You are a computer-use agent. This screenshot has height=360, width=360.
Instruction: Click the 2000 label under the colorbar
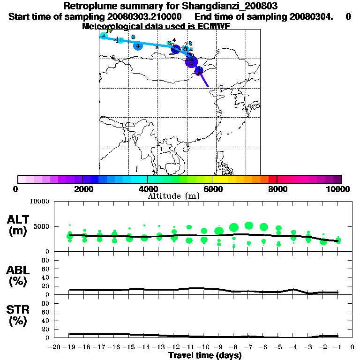pyautogui.click(x=82, y=189)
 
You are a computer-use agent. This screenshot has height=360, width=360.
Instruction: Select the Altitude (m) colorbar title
pyautogui.click(x=173, y=196)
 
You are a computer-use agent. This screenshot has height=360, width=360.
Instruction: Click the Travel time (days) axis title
pyautogui.click(x=205, y=355)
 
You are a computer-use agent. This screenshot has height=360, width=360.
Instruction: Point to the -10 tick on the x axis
pyautogui.click(x=203, y=347)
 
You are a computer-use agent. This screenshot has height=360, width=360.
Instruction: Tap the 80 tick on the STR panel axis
pyautogui.click(x=45, y=303)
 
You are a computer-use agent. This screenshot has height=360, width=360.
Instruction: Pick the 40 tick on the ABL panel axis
pyautogui.click(x=45, y=277)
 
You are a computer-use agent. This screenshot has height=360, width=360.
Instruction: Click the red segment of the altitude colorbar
pyautogui.click(x=272, y=179)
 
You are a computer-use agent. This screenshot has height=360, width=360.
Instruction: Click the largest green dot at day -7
pyautogui.click(x=249, y=226)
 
